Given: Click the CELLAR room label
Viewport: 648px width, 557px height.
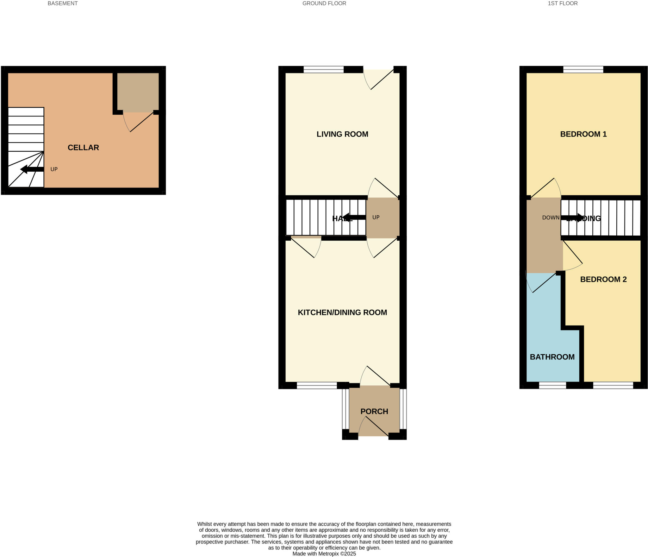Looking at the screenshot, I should (x=83, y=148).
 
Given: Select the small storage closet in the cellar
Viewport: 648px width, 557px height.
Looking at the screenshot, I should (x=138, y=92).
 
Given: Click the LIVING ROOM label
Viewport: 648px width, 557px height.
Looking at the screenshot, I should (x=342, y=134).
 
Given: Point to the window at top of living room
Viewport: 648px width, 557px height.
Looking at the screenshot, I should (x=323, y=69).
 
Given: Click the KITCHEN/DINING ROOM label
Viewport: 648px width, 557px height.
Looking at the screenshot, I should (x=342, y=313).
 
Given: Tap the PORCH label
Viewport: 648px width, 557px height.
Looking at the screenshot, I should (x=374, y=411).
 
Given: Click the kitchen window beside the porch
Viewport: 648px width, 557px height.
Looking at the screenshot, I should (x=317, y=385).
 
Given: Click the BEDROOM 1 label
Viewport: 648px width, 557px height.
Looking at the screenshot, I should (x=583, y=134).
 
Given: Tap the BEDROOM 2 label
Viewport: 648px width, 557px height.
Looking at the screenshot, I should (x=603, y=279).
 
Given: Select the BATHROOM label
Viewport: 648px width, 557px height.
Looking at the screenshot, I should (x=552, y=357).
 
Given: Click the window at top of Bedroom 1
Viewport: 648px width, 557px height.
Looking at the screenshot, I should (x=583, y=69).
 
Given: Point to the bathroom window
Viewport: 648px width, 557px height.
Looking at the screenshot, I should (x=552, y=385).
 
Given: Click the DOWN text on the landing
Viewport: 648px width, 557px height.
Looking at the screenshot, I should (x=551, y=218).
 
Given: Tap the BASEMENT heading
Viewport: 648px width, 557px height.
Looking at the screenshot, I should (x=62, y=3).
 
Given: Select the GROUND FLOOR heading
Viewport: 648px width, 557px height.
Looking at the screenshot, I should (x=324, y=3).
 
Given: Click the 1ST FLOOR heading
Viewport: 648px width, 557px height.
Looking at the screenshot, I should (x=563, y=3).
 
